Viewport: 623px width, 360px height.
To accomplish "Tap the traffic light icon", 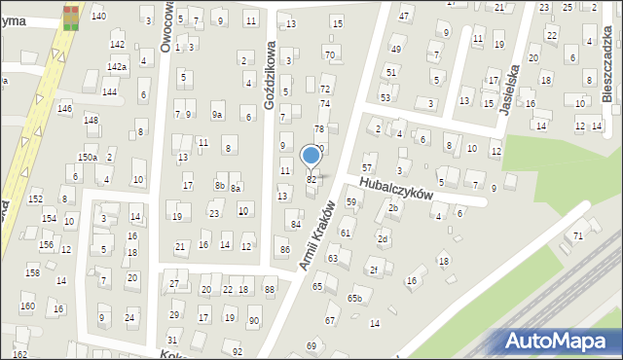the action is (70, 18).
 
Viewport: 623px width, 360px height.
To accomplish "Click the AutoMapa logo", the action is (558, 341).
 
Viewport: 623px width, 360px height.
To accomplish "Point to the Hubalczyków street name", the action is (394, 188).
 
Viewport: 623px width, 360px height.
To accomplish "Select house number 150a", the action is (88, 157).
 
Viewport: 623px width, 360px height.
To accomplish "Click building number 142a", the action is (117, 66).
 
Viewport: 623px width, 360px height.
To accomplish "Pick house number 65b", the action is (355, 299).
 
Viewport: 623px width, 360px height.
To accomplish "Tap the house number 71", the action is (577, 236).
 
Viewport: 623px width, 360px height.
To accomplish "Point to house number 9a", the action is (218, 115).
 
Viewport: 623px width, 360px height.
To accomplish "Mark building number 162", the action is (19, 354).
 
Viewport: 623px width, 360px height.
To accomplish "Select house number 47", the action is (404, 17).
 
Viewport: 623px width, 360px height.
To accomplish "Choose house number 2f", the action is (373, 270).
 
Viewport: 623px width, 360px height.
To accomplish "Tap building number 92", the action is (237, 350).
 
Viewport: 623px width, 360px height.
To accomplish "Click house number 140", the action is (98, 17).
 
